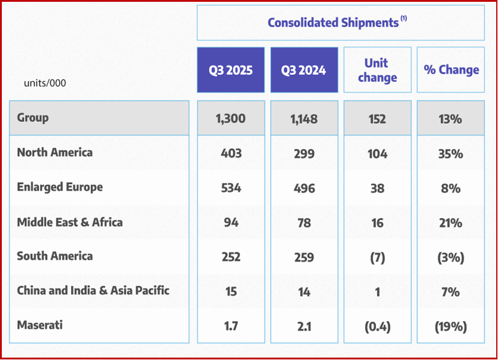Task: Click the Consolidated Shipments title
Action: point(334,23)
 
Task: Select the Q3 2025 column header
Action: point(231,70)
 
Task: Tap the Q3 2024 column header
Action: point(304,70)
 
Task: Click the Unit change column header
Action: point(377,70)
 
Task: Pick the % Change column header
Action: point(451,70)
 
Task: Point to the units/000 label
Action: point(45,83)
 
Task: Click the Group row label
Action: point(33,118)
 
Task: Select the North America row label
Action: point(55,152)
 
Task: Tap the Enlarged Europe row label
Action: point(60,187)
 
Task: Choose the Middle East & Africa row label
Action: point(69,222)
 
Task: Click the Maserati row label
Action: point(40,326)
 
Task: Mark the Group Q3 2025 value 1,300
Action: point(231,119)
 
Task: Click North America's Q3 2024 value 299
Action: point(304,154)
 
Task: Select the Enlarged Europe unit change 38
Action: point(377,188)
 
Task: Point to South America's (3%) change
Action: point(451,258)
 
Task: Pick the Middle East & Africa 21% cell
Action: point(451,223)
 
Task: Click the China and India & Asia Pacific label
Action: point(93,291)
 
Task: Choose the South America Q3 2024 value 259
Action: point(304,258)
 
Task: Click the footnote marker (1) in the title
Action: point(404,19)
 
